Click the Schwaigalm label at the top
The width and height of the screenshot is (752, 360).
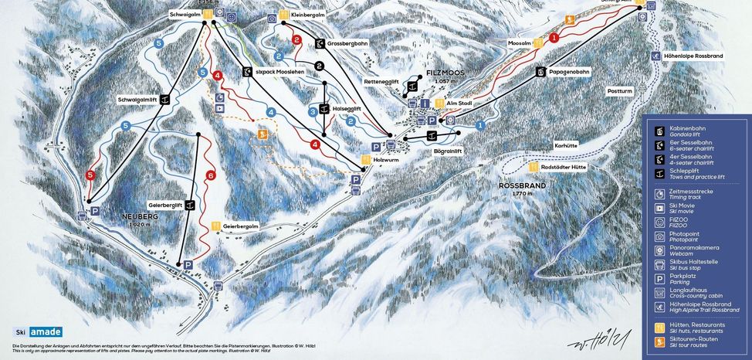185,15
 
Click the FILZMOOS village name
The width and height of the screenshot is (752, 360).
446,73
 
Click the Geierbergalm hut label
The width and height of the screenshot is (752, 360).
239,226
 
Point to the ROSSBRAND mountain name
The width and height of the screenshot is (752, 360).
522,186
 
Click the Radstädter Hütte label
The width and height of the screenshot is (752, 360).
565,167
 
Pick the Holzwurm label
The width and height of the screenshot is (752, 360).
385,160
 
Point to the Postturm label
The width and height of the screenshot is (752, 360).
619,90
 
